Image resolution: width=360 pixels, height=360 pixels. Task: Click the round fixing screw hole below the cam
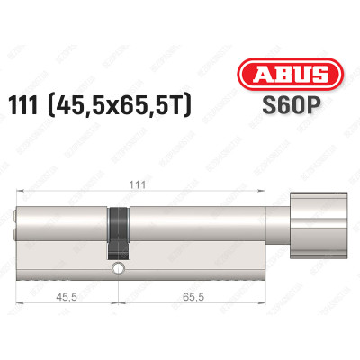click(115, 269)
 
